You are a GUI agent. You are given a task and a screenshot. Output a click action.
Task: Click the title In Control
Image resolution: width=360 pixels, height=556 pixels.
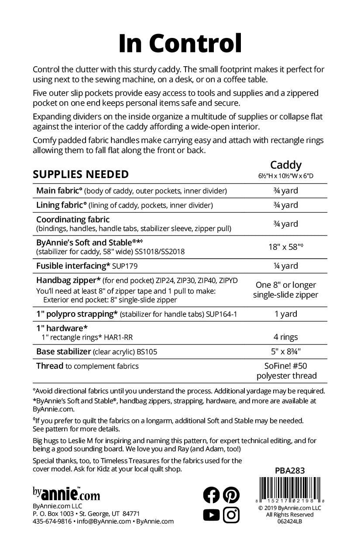[x=180, y=43]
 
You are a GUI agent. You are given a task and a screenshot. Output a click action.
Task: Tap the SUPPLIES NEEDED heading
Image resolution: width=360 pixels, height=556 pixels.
[x=81, y=174]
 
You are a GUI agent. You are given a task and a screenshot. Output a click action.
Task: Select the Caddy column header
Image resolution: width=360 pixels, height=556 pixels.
[x=285, y=165]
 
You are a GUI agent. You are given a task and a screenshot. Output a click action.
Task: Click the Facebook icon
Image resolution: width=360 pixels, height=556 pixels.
[x=212, y=495]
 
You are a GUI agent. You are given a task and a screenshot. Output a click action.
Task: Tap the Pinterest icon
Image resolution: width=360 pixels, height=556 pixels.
[x=231, y=495]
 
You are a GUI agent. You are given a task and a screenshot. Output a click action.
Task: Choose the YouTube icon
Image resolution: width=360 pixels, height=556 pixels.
[x=212, y=515]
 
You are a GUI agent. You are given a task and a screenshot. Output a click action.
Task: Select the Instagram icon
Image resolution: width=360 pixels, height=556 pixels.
[x=231, y=515]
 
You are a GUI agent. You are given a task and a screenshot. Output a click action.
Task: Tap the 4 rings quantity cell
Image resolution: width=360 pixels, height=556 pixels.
[x=285, y=337]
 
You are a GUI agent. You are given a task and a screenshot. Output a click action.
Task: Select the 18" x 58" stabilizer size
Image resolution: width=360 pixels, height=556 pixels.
[x=285, y=246]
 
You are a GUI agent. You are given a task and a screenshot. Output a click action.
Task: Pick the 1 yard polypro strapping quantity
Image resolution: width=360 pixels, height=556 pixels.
[x=285, y=314]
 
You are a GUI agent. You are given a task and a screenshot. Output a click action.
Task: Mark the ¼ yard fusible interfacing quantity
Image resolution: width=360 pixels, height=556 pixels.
[x=285, y=266]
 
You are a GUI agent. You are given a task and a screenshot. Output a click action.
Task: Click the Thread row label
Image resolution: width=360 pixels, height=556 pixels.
[x=50, y=366]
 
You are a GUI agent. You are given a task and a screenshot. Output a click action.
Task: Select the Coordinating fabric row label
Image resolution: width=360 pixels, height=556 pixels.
[x=73, y=219]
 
